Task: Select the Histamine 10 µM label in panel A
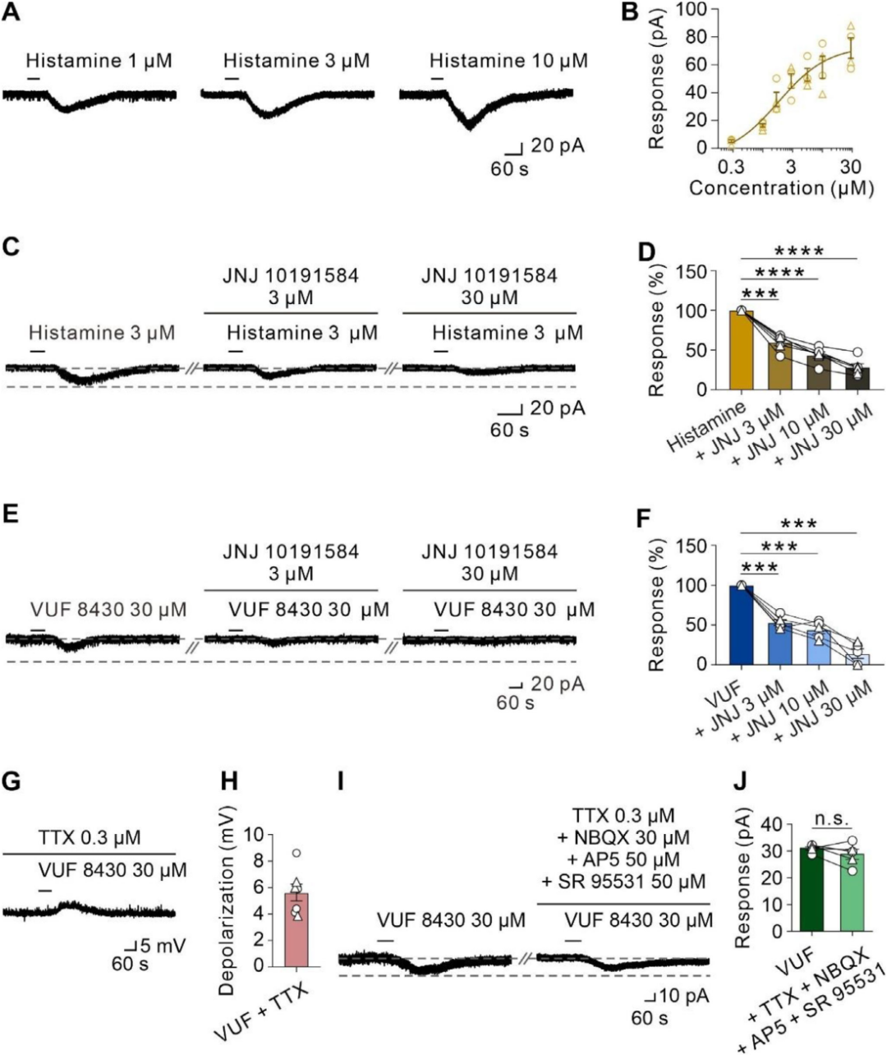pyautogui.click(x=508, y=61)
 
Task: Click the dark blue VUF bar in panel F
pyautogui.click(x=741, y=625)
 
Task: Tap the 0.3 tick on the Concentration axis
pyautogui.click(x=731, y=167)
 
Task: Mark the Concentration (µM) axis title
pyautogui.click(x=780, y=188)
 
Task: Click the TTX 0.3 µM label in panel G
pyautogui.click(x=89, y=839)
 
